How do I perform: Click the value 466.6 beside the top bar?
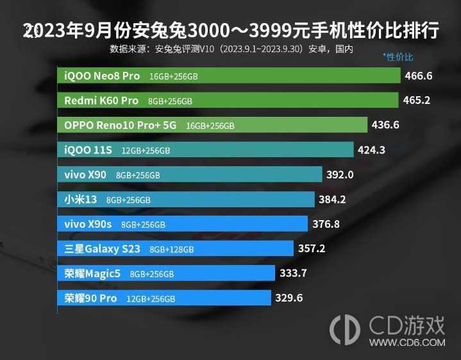point(419,76)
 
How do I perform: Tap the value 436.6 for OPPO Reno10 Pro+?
point(385,125)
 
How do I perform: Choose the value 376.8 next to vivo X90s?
point(326,224)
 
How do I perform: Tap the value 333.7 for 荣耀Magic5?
point(294,273)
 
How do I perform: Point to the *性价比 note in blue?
point(398,56)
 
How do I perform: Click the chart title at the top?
point(230,30)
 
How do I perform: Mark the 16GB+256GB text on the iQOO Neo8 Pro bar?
point(173,76)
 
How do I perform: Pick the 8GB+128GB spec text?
point(171,250)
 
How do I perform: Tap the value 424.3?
point(371,150)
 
